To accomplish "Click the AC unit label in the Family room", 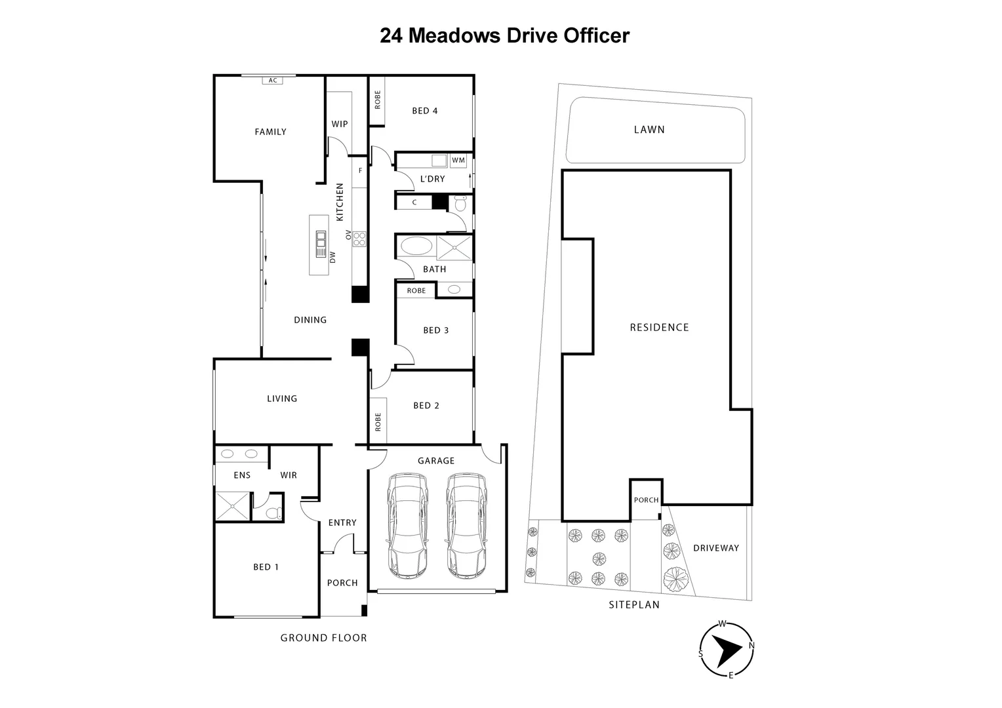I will tap(273, 81).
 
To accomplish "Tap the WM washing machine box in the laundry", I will tap(458, 160).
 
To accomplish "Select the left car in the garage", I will tap(408, 526).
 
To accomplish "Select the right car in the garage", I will tap(466, 526).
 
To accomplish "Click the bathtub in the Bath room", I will tap(416, 247).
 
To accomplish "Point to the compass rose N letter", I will tap(751, 646).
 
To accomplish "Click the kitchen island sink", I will tap(321, 245).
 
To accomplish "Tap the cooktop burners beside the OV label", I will tap(359, 239).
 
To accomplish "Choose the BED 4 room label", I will tap(424, 111).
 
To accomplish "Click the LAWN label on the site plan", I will tap(649, 130).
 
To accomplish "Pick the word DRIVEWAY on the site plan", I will tap(715, 548).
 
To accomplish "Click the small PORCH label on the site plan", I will tap(646, 500).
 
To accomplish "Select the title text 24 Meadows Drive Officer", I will tap(504, 35).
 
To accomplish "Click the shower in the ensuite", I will tap(233, 505).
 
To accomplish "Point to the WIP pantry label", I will tap(339, 124).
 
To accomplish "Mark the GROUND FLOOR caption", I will tap(323, 638).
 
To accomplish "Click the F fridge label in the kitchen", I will tap(360, 170).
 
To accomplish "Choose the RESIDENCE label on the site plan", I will tap(659, 327).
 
